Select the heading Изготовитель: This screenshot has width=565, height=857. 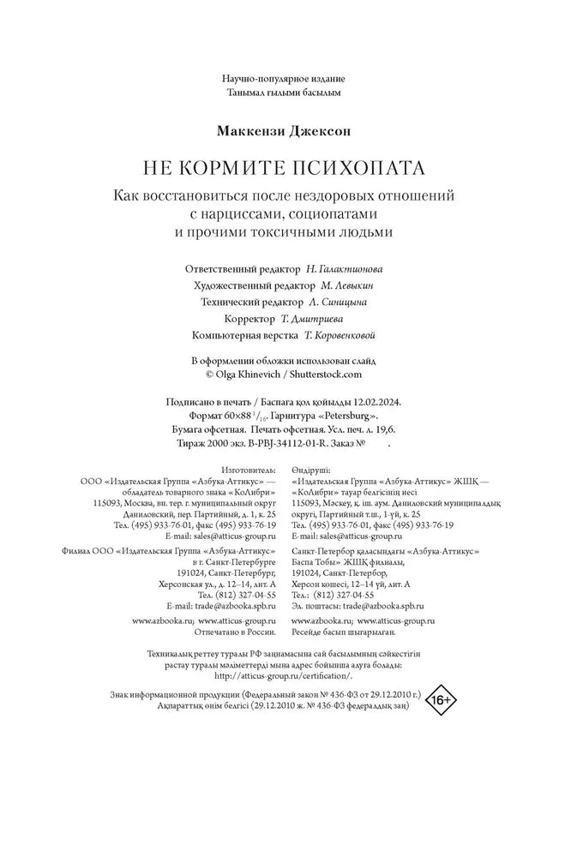pyautogui.click(x=249, y=470)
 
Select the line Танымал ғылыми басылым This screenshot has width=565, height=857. pyautogui.click(x=282, y=91)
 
